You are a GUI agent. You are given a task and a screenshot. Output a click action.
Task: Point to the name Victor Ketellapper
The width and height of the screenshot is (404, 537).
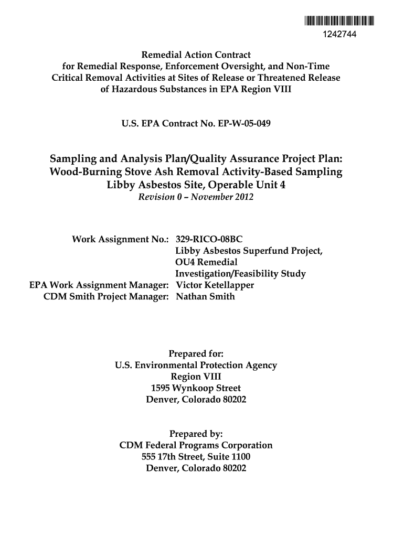(x=215, y=285)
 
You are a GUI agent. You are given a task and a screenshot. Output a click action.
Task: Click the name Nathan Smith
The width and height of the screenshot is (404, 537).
(x=205, y=297)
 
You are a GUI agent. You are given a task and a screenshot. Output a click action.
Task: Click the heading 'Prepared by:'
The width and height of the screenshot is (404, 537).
(x=196, y=434)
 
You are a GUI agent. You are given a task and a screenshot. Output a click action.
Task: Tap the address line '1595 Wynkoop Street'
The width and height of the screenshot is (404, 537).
(x=196, y=388)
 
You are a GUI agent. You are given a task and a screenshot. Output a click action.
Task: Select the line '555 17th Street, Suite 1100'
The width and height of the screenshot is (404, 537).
(x=196, y=457)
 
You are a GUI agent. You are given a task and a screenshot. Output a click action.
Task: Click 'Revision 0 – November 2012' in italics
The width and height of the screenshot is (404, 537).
(x=196, y=198)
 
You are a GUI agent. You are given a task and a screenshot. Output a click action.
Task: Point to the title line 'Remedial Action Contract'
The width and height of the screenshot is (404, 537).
(x=196, y=55)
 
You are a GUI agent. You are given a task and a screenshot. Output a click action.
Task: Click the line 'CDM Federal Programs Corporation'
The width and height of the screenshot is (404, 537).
(x=196, y=445)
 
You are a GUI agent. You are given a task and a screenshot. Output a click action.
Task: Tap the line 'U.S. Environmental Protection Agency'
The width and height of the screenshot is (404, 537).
(x=196, y=365)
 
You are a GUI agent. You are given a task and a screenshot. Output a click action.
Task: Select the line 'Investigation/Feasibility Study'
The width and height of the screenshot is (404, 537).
(x=240, y=274)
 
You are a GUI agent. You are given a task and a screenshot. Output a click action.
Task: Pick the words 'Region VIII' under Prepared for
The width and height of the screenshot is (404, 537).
(x=196, y=377)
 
